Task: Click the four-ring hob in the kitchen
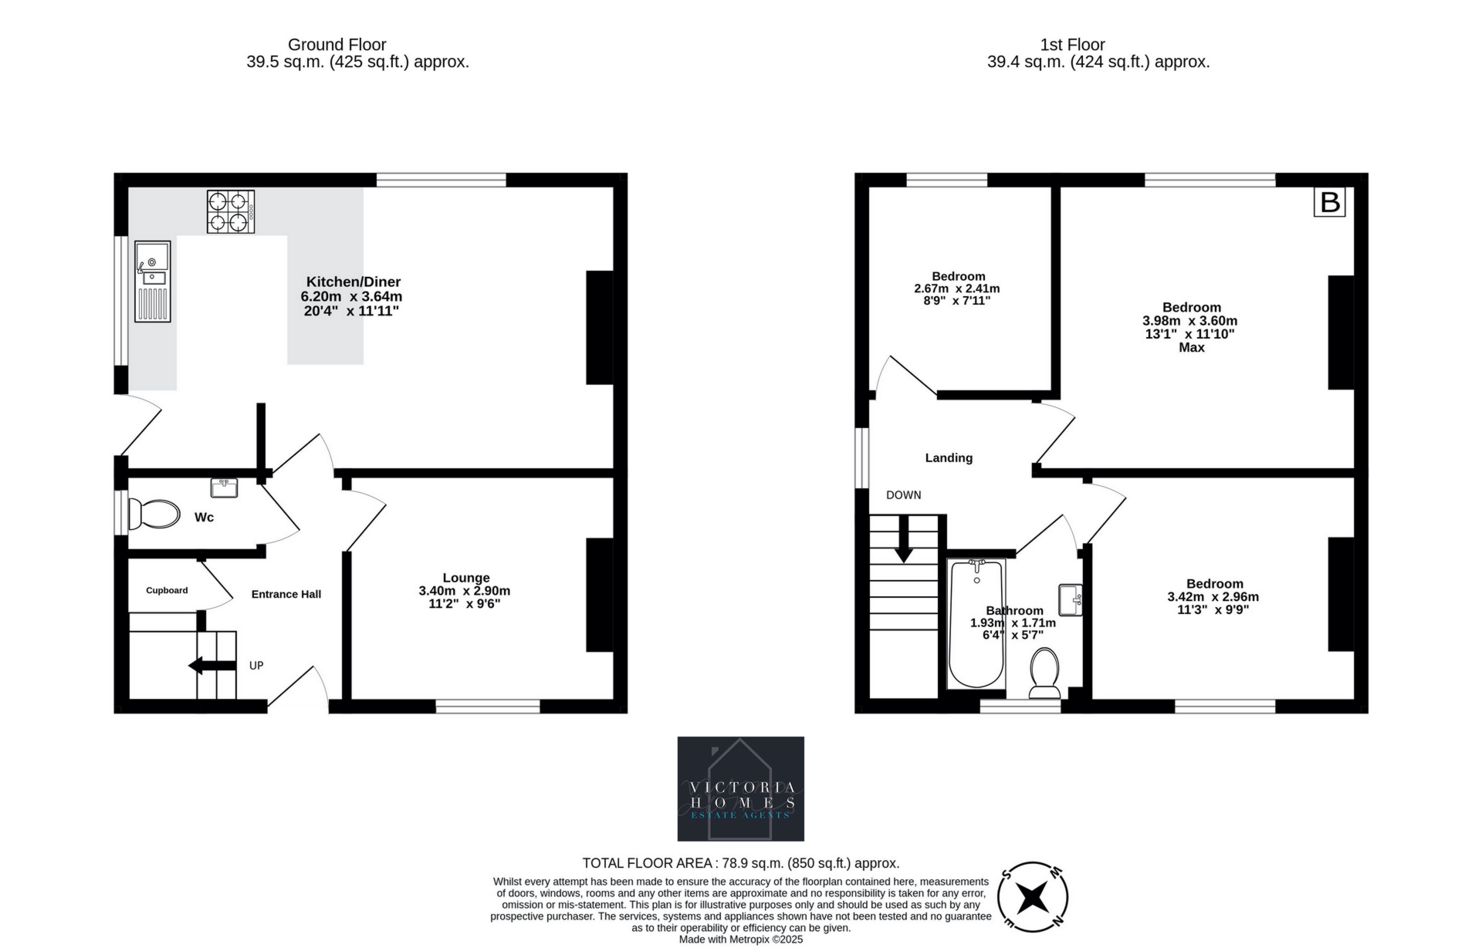pyautogui.click(x=231, y=211)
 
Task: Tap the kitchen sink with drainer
pyautogui.click(x=153, y=281)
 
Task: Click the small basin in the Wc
pyautogui.click(x=224, y=487)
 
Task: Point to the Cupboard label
pyautogui.click(x=167, y=590)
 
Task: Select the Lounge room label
pyautogui.click(x=465, y=578)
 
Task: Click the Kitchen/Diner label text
pyautogui.click(x=354, y=282)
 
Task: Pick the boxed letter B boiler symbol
pyautogui.click(x=1330, y=202)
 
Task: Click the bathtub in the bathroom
pyautogui.click(x=976, y=625)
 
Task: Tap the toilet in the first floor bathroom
pyautogui.click(x=1045, y=673)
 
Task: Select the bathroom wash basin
pyautogui.click(x=1071, y=600)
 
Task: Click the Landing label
pyautogui.click(x=949, y=457)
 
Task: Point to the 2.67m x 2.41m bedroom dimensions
pyautogui.click(x=957, y=288)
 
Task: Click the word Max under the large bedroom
pyautogui.click(x=1191, y=348)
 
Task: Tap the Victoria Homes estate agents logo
pyautogui.click(x=740, y=788)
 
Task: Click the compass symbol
pyautogui.click(x=1033, y=898)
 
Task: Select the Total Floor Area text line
pyautogui.click(x=740, y=863)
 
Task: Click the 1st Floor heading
pyautogui.click(x=1072, y=45)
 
